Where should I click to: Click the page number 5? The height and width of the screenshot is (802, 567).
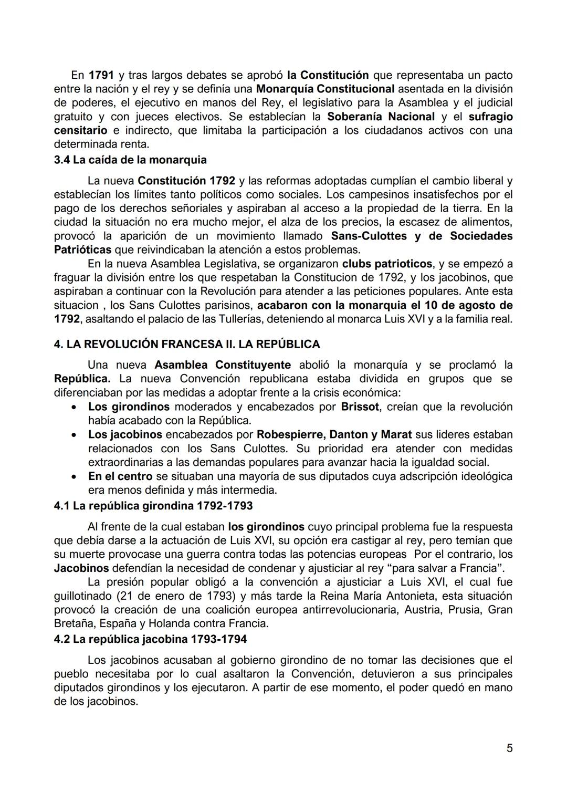(x=509, y=748)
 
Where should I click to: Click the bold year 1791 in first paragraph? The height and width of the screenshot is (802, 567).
(x=101, y=75)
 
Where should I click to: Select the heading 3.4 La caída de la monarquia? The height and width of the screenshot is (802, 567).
(x=130, y=160)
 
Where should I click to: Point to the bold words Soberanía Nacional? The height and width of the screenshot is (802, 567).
(x=381, y=117)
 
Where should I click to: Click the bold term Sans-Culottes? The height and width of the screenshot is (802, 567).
(x=370, y=236)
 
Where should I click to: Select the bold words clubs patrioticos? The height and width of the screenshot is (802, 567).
(x=387, y=264)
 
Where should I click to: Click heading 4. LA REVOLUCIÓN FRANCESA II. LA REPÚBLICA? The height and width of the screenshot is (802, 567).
(x=187, y=345)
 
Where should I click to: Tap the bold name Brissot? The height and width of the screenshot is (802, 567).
(x=360, y=407)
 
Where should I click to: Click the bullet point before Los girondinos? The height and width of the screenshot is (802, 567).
(x=77, y=407)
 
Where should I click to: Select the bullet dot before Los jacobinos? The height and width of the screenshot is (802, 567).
(x=77, y=435)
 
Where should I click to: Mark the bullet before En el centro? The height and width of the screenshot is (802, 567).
(x=77, y=477)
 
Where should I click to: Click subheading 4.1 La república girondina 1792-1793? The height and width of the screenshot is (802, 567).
(x=153, y=506)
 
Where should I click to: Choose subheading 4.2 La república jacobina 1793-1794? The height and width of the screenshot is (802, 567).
(x=150, y=639)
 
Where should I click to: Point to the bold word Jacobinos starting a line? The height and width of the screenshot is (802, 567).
(x=81, y=568)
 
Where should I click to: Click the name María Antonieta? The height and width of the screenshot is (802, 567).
(x=413, y=596)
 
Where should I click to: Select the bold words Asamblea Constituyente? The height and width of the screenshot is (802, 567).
(x=223, y=365)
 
